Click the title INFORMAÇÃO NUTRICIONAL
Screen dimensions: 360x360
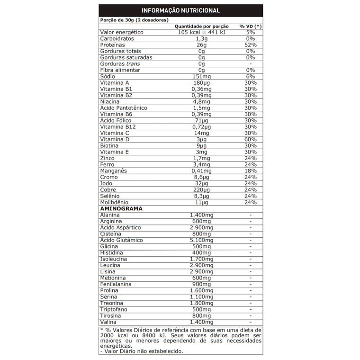(180, 10)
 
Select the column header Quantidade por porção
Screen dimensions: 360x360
(202, 26)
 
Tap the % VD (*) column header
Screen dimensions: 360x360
(251, 26)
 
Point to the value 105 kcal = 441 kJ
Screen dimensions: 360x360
(201, 32)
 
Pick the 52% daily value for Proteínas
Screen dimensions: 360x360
(251, 45)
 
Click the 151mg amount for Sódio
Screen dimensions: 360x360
(201, 76)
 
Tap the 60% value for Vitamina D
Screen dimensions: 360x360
(251, 139)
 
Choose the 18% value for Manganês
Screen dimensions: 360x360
(251, 171)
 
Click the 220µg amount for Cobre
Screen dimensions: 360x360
(201, 189)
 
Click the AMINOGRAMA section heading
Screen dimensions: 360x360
(121, 208)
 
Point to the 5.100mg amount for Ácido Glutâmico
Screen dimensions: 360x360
(201, 240)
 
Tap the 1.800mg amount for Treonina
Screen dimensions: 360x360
(201, 303)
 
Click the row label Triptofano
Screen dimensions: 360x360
(114, 309)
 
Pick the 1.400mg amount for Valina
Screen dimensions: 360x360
(201, 322)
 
